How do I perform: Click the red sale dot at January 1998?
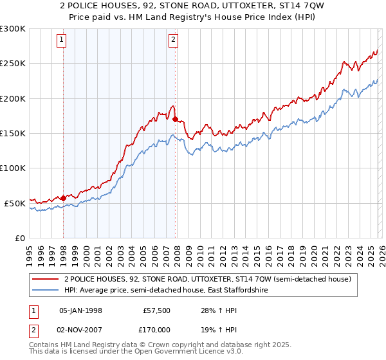point(64,198)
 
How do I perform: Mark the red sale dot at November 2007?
point(175,119)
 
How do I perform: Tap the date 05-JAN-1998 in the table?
point(80,310)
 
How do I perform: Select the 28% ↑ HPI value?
point(212,310)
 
